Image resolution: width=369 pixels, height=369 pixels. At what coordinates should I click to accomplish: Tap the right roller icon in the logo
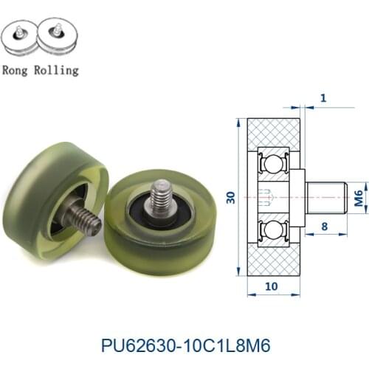pyautogui.click(x=57, y=35)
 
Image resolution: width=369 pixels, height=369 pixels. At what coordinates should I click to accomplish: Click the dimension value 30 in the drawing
pyautogui.click(x=230, y=197)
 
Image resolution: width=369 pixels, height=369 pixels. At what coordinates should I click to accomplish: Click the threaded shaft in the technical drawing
pyautogui.click(x=325, y=197)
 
